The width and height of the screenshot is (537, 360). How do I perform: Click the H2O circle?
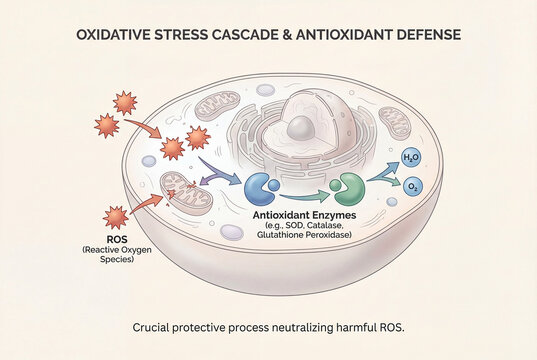tap(410, 158)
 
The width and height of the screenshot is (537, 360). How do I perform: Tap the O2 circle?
tap(411, 185)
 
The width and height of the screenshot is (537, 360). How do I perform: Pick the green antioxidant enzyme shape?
tap(350, 187)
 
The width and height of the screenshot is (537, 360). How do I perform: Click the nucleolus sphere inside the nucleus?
tap(300, 127)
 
